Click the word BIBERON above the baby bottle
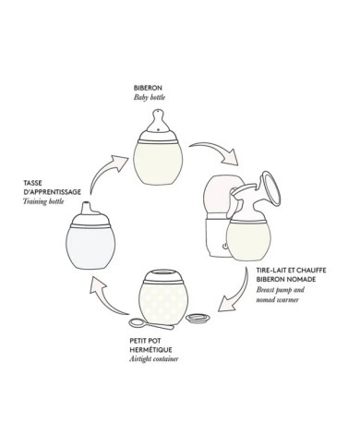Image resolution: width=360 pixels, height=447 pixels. click(x=148, y=88)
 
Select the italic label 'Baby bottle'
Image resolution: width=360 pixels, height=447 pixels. click(x=150, y=97)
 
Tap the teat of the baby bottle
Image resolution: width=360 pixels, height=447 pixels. click(x=159, y=120)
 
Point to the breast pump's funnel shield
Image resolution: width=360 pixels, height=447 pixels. click(x=270, y=190)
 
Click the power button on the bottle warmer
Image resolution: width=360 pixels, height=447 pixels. click(x=225, y=246)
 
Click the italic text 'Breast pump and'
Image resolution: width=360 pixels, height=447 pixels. click(x=281, y=290)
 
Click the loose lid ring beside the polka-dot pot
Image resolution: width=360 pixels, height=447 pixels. click(x=198, y=318)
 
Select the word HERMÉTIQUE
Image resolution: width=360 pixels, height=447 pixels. click(x=150, y=350)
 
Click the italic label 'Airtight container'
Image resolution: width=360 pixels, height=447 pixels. click(x=154, y=359)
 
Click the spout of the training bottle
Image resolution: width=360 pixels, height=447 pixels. click(x=86, y=207)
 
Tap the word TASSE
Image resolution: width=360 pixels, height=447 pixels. click(x=32, y=183)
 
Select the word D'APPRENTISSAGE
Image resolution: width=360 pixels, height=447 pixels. click(x=53, y=192)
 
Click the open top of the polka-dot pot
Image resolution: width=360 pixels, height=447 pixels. click(x=162, y=273)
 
